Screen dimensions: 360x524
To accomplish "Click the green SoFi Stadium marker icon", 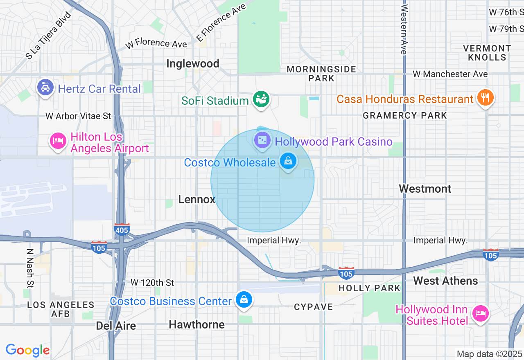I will click(x=261, y=99).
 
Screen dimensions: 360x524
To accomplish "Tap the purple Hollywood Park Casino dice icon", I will click(x=262, y=140).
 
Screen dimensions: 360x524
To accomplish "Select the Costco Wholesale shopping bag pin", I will click(x=288, y=162).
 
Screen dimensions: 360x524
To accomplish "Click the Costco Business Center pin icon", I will click(x=244, y=300).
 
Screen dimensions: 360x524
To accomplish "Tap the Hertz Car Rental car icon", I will click(x=45, y=88).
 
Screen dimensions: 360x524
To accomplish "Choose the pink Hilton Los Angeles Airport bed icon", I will click(x=58, y=142).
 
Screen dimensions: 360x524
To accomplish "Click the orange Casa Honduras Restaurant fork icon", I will click(x=485, y=98).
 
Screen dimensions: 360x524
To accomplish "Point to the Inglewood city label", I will click(x=193, y=63).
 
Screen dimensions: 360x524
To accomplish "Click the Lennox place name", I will click(x=196, y=199).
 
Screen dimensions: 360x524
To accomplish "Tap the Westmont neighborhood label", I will click(x=425, y=189).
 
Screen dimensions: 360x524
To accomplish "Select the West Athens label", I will click(x=445, y=281).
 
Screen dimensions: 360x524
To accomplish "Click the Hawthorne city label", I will click(x=196, y=324).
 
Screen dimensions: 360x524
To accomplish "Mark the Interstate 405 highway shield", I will click(x=122, y=229).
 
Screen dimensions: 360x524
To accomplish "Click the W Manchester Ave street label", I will click(x=450, y=74).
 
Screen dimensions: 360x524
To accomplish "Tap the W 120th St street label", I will click(x=152, y=283).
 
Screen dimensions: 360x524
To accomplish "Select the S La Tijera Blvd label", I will click(x=48, y=35).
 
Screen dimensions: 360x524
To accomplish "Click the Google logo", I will click(x=27, y=350).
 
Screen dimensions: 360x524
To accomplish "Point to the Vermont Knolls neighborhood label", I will click(x=487, y=53).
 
